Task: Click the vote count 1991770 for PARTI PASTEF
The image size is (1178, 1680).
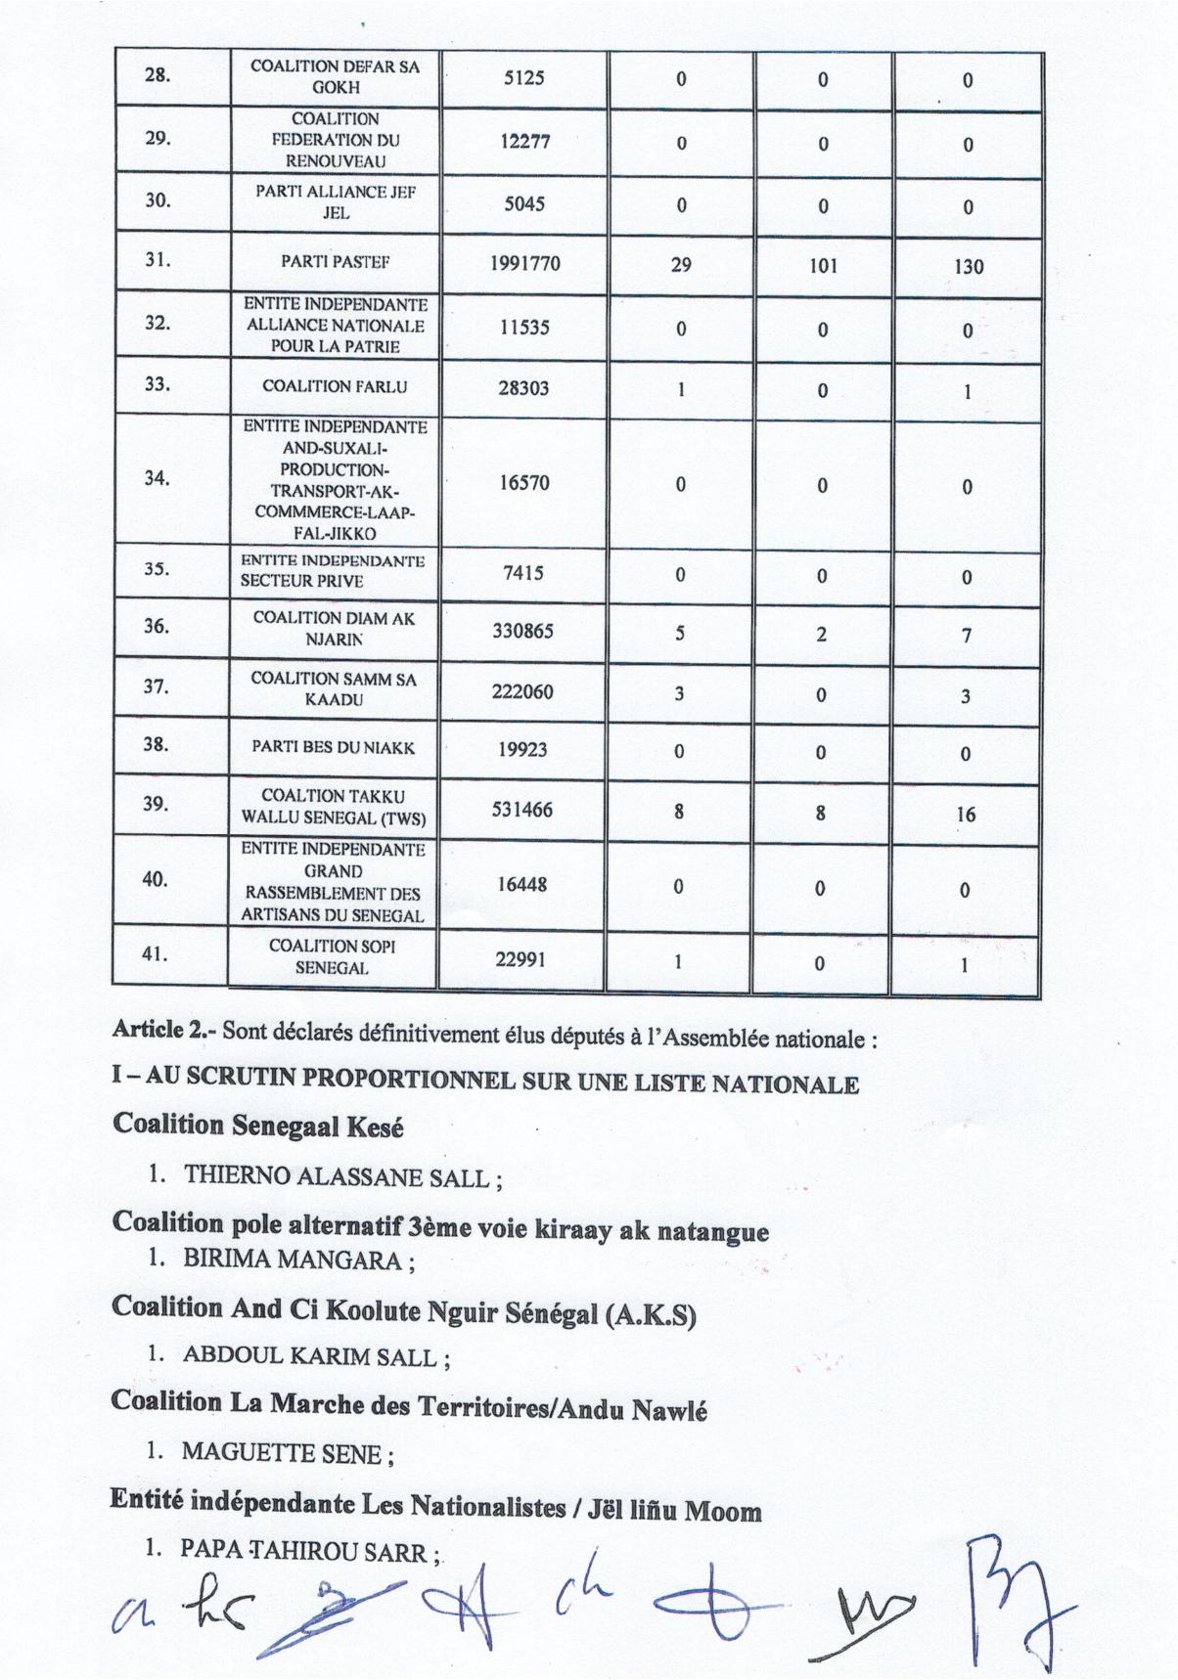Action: point(524,263)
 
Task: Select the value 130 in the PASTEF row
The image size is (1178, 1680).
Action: point(968,266)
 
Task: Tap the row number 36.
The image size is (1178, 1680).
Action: point(157,626)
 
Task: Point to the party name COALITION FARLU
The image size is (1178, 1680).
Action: point(335,386)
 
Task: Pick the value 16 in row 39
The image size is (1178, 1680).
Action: point(966,814)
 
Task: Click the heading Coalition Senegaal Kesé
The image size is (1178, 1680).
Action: point(258,1126)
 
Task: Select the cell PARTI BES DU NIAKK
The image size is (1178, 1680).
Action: point(333,748)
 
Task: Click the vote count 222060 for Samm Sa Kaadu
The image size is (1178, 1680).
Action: point(523,691)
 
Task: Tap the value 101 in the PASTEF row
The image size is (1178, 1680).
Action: point(823,265)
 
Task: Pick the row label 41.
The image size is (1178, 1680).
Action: point(154,953)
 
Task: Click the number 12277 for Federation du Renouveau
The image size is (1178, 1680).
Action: point(525,141)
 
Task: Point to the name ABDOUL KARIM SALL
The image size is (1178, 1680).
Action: point(309,1356)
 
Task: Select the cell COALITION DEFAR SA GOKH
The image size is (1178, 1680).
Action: point(336,76)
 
